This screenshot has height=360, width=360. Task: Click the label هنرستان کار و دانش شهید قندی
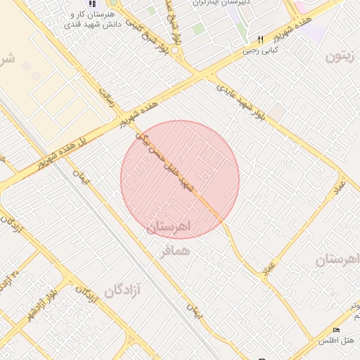(x=92, y=19)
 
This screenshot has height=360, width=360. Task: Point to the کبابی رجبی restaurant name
(x=261, y=50)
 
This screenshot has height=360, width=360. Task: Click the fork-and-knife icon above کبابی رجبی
(x=261, y=39)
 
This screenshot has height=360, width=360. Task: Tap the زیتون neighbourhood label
(x=343, y=57)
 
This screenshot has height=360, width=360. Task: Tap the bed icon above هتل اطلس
(x=335, y=330)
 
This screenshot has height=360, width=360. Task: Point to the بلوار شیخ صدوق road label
(x=174, y=20)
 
